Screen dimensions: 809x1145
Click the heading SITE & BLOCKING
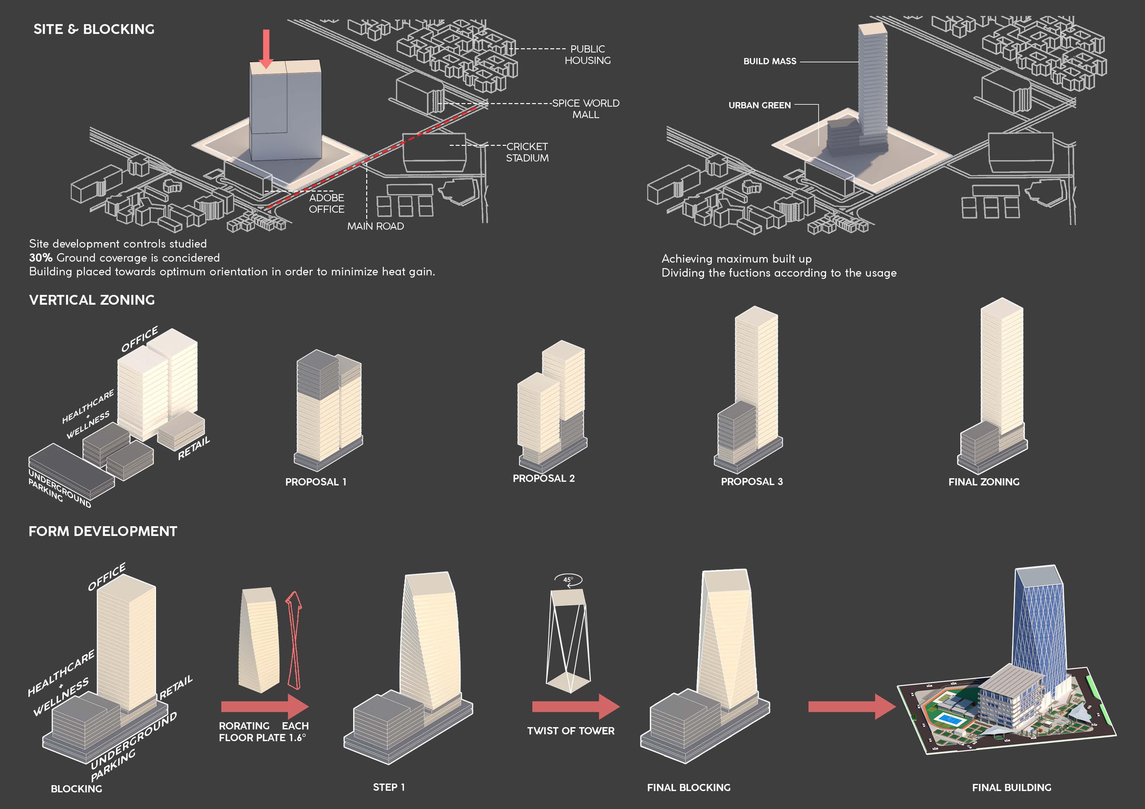click(94, 29)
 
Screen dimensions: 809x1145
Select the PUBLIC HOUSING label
click(588, 55)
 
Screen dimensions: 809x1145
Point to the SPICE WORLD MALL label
click(586, 109)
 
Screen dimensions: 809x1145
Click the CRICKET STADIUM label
click(527, 152)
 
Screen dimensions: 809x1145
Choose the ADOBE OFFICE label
click(327, 203)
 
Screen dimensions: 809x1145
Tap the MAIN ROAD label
click(375, 226)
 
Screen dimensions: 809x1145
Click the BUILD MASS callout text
click(770, 61)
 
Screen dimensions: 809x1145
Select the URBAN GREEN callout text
click(760, 105)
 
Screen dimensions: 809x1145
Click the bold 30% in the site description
click(41, 258)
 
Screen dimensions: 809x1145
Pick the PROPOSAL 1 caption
click(316, 482)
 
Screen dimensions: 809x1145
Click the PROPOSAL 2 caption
click(543, 479)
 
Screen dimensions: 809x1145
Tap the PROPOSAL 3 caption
click(752, 481)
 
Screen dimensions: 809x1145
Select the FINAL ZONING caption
click(983, 482)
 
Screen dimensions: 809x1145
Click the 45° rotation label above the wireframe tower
click(568, 579)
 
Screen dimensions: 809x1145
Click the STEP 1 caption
click(389, 787)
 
